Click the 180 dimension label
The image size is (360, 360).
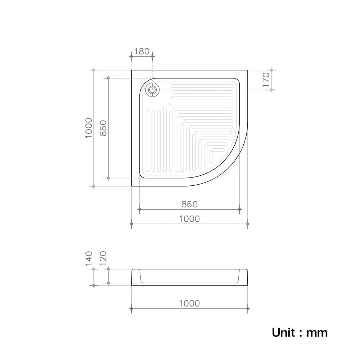coord(141,51)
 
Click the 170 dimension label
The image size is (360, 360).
coord(266,80)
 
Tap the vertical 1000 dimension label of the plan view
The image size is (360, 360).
coord(89,128)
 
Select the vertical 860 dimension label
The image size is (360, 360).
coord(103,128)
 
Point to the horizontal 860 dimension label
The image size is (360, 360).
coord(189,204)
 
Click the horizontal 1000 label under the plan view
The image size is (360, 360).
coord(189,219)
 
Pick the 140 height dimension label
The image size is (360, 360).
coord(89,258)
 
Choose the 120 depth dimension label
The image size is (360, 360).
coord(103,258)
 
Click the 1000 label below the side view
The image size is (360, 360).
coord(189,303)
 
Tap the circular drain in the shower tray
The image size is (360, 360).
coord(152,90)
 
